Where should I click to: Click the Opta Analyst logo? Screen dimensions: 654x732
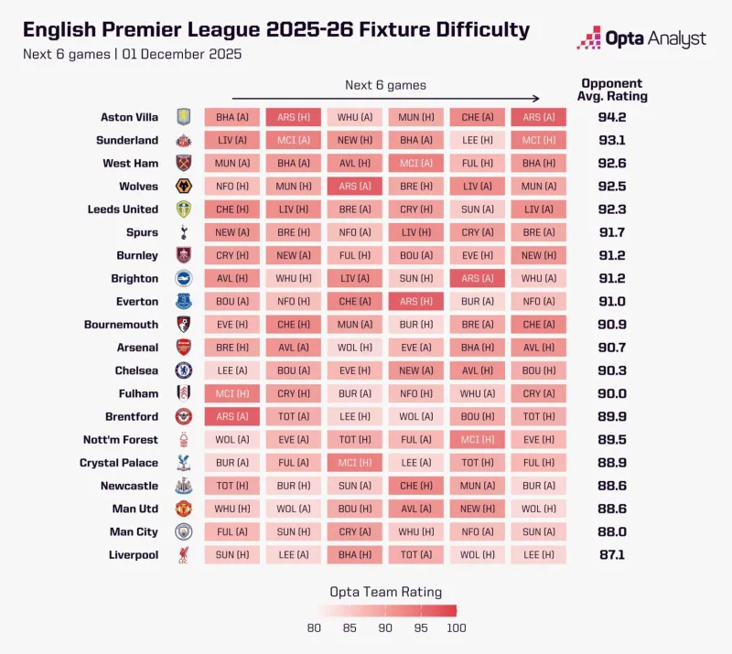pos(640,38)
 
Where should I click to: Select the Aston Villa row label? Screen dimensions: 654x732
pos(129,117)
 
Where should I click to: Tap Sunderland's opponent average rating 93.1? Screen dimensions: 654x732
pos(611,140)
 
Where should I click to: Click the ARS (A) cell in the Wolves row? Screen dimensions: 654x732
pos(354,187)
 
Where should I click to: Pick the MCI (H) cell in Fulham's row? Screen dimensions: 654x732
pos(231,393)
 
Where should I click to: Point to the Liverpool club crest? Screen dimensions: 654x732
pos(184,555)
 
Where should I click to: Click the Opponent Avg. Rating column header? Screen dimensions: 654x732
pos(611,89)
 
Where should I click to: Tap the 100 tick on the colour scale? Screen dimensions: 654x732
pos(457,627)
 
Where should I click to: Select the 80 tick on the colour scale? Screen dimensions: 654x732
pos(314,627)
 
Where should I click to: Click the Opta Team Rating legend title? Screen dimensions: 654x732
pos(385,592)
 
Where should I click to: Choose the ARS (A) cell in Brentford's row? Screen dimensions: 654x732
pos(231,416)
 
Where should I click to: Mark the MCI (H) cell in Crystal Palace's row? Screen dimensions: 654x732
pos(354,463)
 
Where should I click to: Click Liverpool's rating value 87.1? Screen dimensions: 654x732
pos(611,555)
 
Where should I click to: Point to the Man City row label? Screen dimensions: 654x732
pos(134,531)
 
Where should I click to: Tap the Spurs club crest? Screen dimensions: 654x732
pos(184,232)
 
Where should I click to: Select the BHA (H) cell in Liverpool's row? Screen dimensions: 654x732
pos(354,555)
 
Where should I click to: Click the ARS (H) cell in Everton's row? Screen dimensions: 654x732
pos(415,301)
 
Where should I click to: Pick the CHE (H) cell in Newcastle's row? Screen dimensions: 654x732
pos(415,486)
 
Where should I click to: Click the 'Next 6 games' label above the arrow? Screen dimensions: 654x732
pos(385,85)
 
